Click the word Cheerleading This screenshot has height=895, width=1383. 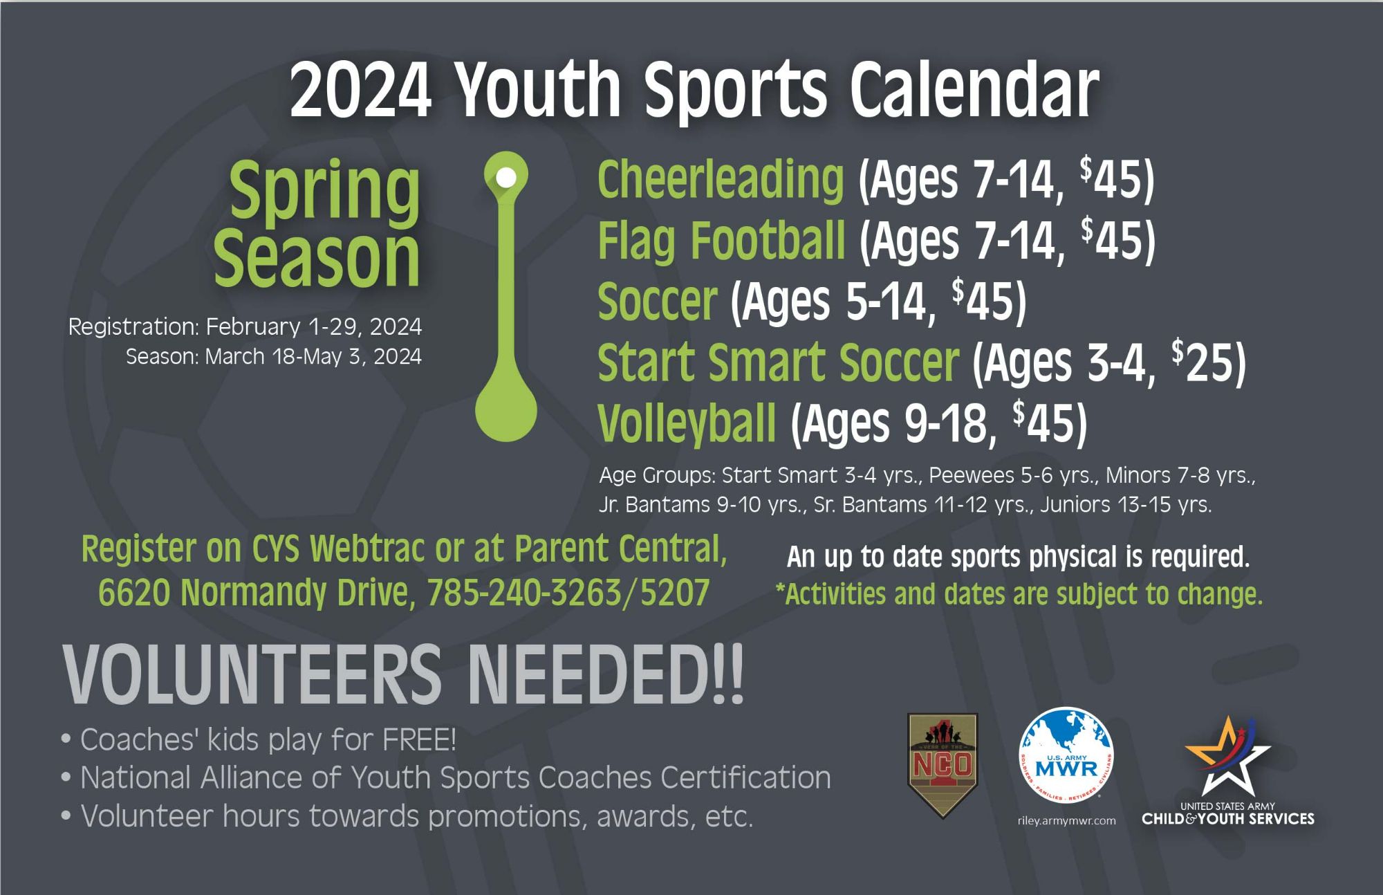pos(721,179)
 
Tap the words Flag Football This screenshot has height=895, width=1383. pos(721,240)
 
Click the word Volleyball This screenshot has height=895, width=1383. pos(687,423)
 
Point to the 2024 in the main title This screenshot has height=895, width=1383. pos(360,90)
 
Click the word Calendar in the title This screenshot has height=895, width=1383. pos(974,90)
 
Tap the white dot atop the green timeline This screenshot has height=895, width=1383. pos(506,177)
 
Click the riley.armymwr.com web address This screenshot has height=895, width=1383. pos(1066,821)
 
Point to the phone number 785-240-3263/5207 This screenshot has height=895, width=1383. pos(568,593)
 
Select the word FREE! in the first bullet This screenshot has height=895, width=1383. pos(419,739)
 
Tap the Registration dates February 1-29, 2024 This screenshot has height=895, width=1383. pos(314,326)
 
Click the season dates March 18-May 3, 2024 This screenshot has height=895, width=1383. pos(313,357)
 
